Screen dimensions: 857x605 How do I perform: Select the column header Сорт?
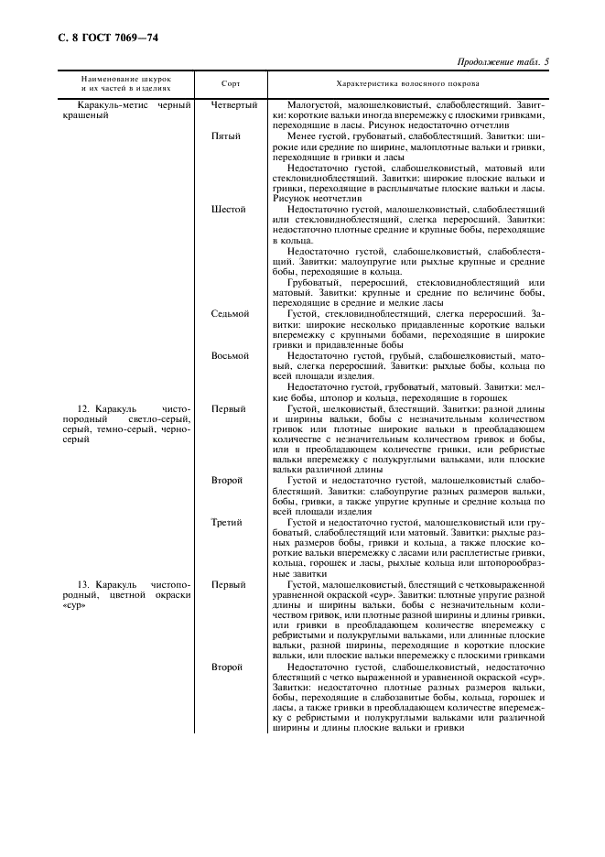[x=232, y=83]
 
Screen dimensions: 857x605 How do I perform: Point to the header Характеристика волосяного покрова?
[x=414, y=83]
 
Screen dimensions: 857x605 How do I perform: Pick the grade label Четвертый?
[x=234, y=105]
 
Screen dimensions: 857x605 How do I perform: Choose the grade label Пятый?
[x=227, y=136]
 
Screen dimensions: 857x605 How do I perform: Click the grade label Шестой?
[x=229, y=210]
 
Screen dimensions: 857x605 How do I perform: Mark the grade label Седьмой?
[x=231, y=314]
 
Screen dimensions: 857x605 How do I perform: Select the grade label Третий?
[x=227, y=523]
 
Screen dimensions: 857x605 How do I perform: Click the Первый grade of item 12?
[x=228, y=408]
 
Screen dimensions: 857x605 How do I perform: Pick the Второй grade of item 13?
[x=227, y=667]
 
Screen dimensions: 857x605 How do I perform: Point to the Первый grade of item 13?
[x=228, y=584]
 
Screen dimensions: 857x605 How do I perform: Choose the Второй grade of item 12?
[x=227, y=481]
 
